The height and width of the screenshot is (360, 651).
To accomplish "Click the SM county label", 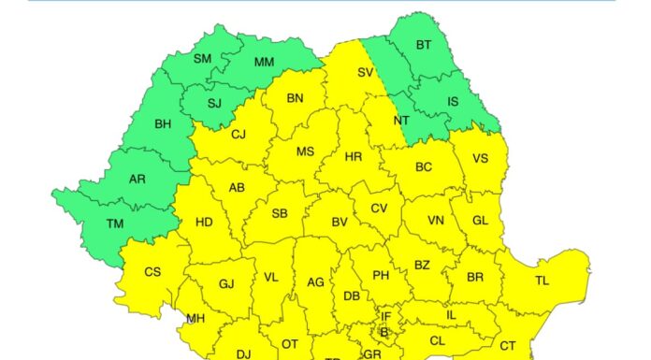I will click(x=203, y=58).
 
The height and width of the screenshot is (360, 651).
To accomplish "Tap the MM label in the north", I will click(x=265, y=63).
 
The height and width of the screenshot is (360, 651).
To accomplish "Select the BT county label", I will click(x=424, y=44).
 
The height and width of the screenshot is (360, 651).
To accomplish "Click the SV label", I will click(x=366, y=71).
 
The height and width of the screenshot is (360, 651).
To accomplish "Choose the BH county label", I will click(x=163, y=122).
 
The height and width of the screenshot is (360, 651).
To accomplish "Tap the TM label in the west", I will click(x=115, y=223).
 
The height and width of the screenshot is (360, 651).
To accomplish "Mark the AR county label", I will click(x=137, y=179).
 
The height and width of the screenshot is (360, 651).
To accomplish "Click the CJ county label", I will click(x=239, y=134).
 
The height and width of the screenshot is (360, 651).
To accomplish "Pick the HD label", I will click(x=204, y=223).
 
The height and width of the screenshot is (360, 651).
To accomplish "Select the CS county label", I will click(x=152, y=272).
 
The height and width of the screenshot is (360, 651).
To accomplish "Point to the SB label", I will click(x=280, y=213).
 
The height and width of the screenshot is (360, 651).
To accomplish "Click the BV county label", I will click(x=339, y=223).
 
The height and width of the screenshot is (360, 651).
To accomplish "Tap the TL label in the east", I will click(x=542, y=281).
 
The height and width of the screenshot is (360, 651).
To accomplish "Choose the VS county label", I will click(x=481, y=159).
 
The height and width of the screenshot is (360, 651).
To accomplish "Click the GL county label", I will click(x=481, y=221).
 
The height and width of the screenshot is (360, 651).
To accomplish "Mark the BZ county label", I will click(x=422, y=265).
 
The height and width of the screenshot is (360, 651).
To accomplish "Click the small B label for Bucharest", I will click(x=383, y=331).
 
